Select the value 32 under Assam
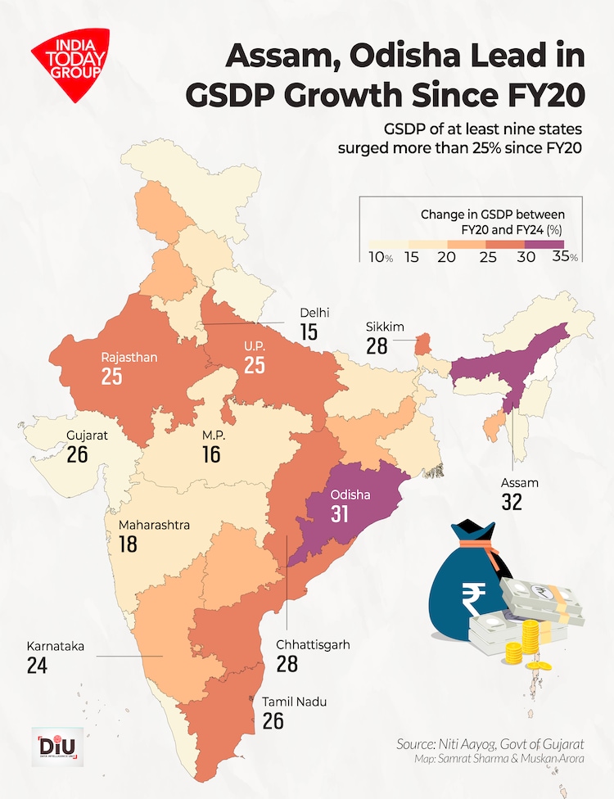click(x=512, y=503)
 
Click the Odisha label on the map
click(x=350, y=495)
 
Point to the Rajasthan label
click(x=129, y=358)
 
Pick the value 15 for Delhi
click(x=309, y=332)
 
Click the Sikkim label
click(x=385, y=327)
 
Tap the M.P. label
click(x=213, y=435)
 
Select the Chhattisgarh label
click(x=313, y=644)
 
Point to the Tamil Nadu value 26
click(x=273, y=720)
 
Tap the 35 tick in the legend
click(x=562, y=256)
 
